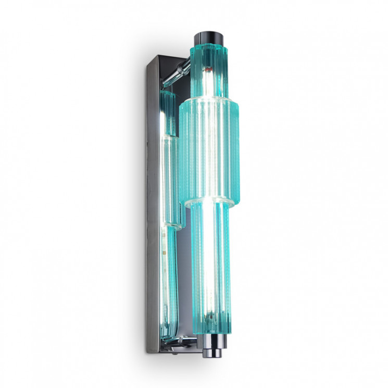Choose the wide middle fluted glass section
tap(211, 151)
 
